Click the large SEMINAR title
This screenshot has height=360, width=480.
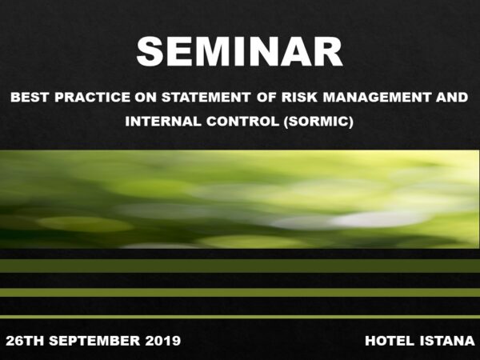click(x=239, y=51)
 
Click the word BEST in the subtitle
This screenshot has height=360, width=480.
click(x=30, y=98)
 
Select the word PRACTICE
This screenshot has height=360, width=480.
click(x=93, y=98)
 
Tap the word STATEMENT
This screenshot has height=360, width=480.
click(x=206, y=98)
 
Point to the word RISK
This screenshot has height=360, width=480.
click(x=300, y=98)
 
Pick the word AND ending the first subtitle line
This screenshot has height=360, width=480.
click(x=452, y=98)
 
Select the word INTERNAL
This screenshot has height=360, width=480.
click(x=163, y=122)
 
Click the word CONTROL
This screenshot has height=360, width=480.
click(x=242, y=122)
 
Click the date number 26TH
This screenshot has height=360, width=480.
click(x=25, y=341)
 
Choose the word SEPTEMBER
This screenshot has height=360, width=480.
click(x=94, y=341)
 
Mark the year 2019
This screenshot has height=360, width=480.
click(x=163, y=341)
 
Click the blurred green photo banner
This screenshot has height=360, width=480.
click(x=239, y=199)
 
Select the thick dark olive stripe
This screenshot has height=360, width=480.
click(x=240, y=266)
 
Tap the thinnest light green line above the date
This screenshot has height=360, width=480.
click(x=240, y=317)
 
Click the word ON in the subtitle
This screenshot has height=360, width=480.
click(x=146, y=98)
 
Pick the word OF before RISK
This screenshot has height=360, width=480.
click(x=266, y=98)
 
